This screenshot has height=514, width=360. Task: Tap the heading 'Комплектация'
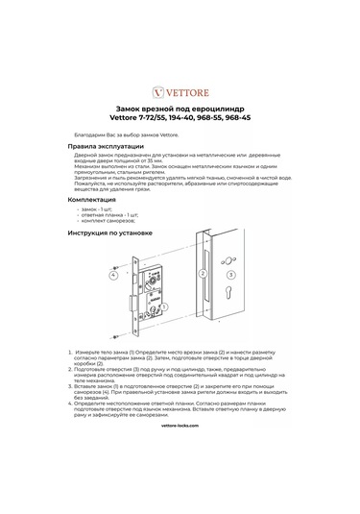[x=98, y=200]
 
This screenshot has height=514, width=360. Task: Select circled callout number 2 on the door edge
[x=204, y=273]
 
